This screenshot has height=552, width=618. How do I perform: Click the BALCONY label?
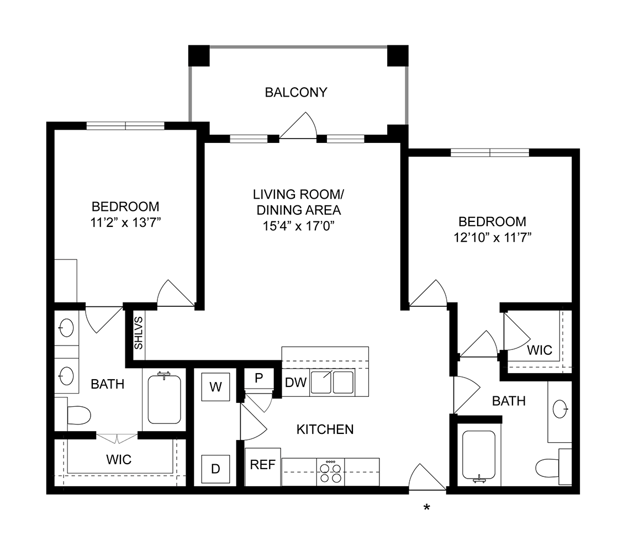[296, 92]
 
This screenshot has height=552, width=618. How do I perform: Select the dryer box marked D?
[215, 469]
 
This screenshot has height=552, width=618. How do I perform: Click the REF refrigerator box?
[263, 465]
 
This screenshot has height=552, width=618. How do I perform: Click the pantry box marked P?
[258, 379]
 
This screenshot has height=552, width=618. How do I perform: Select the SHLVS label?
[139, 332]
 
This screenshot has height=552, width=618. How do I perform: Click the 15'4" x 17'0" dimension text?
[298, 225]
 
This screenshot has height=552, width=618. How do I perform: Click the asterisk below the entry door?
[426, 507]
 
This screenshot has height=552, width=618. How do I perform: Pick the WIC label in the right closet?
[539, 350]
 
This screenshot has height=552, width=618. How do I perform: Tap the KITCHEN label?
[325, 429]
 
